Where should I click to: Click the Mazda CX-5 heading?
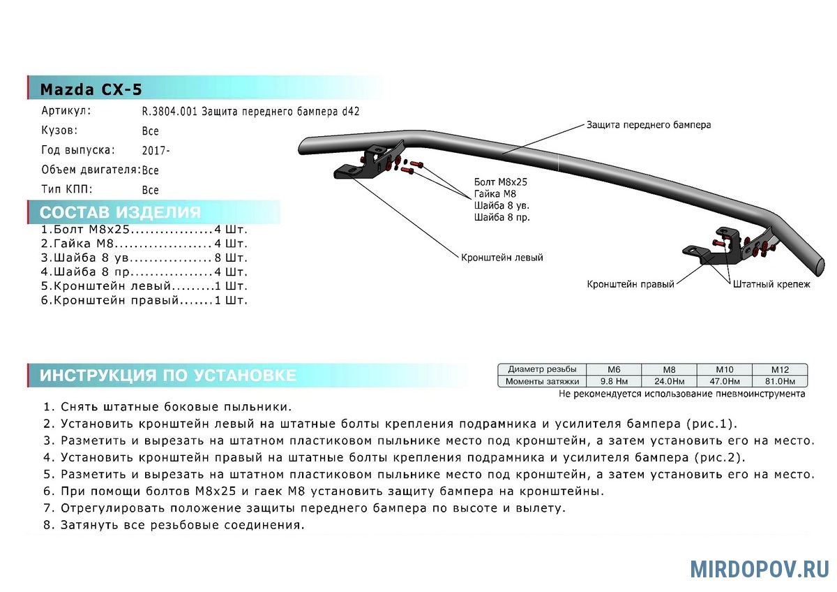pos(91,89)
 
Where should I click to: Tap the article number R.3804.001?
pos(170,112)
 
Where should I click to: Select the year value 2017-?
pos(155,151)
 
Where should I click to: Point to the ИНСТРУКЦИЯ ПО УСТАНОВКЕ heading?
pos(167,376)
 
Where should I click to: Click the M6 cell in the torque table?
pos(614,369)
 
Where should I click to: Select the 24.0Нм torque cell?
pos(669,381)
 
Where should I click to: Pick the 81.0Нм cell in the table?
pos(779,381)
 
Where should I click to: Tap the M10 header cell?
pos(724,369)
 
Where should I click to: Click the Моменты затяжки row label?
pos(543,381)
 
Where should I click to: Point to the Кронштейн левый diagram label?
pos(502,258)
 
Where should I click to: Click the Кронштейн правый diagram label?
pos(631,285)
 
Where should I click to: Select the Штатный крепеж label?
pos(771,285)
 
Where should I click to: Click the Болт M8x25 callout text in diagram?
pos(500,182)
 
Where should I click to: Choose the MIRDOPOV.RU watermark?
pos(760,569)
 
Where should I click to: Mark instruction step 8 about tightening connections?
pos(174,525)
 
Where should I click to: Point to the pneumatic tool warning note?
pos(681,394)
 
